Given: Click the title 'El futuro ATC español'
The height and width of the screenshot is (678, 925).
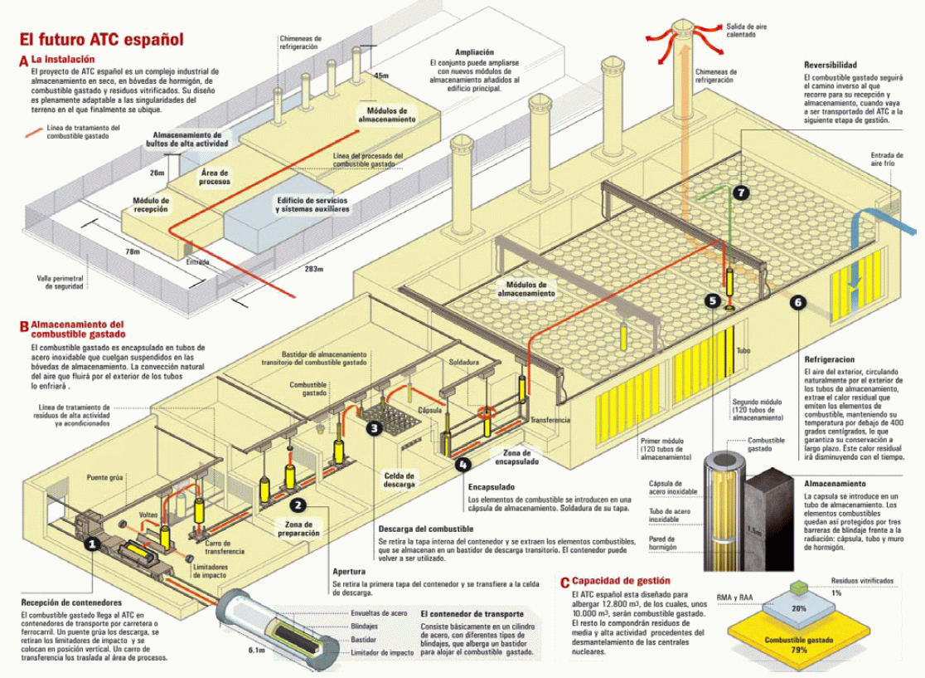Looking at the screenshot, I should click(102, 39).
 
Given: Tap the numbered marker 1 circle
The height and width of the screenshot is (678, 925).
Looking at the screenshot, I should click(94, 544).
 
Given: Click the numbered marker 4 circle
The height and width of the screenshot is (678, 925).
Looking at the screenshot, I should click(462, 466).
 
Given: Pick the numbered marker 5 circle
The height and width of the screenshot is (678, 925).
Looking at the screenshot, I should click(712, 300).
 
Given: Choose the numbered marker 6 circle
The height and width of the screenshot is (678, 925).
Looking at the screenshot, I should click(798, 303).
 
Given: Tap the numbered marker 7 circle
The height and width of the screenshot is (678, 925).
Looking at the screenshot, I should click(740, 193).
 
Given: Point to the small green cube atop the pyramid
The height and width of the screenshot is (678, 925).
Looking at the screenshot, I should click(797, 589).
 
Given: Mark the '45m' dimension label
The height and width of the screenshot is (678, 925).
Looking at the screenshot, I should click(381, 76).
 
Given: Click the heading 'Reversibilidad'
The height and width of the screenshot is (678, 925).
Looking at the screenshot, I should click(830, 66).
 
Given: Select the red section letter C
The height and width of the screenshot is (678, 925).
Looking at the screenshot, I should click(564, 583).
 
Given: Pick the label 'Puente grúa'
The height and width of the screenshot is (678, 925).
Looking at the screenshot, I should click(104, 478).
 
